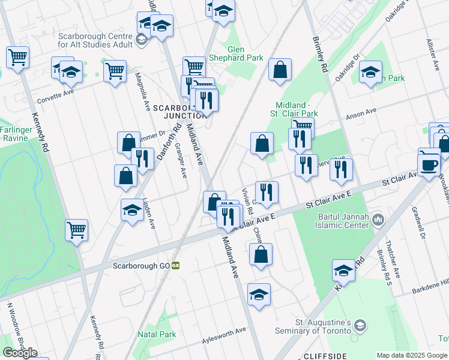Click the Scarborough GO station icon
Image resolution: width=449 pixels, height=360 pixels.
176,265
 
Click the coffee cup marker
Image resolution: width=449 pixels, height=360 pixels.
429,164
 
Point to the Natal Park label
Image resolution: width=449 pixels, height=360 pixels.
156,334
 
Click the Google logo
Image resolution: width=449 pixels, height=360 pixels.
20,353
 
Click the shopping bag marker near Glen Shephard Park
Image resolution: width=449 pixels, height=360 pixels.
280,71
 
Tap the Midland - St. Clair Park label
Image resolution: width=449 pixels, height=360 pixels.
297,109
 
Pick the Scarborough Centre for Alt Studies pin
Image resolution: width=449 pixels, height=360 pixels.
142,40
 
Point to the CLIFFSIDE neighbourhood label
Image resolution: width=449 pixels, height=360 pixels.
325,355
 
